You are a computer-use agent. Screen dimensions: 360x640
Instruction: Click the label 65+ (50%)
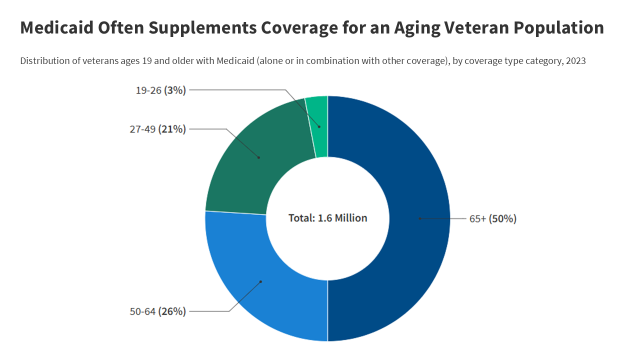(492, 219)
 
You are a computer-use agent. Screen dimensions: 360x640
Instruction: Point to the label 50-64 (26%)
(158, 311)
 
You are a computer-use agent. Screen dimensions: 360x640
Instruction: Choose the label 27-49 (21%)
(158, 129)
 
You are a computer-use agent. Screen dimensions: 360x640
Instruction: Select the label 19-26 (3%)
(161, 90)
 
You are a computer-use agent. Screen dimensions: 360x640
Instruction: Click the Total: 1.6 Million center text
(327, 218)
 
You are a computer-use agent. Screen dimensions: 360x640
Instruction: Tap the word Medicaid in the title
(56, 28)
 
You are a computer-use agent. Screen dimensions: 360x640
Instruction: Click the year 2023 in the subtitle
(575, 61)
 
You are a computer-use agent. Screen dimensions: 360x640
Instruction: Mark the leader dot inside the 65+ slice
(420, 218)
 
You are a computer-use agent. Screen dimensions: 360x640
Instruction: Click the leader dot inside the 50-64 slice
(260, 281)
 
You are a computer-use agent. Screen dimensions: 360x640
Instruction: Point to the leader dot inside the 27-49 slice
(259, 157)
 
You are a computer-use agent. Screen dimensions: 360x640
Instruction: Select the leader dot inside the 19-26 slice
(319, 126)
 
